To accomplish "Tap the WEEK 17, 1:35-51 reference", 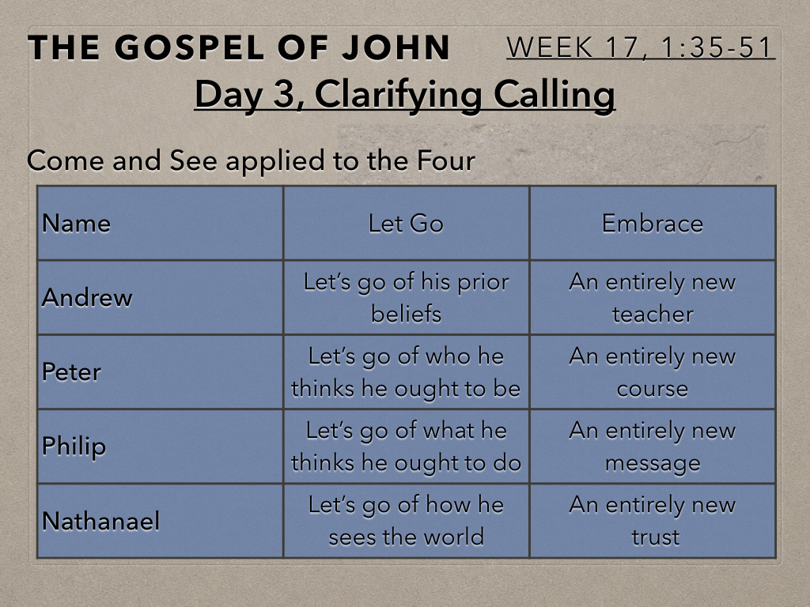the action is coord(640,47).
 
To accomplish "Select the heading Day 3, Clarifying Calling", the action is coord(405,95).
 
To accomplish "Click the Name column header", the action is coord(76,224).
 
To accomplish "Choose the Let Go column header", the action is coord(406,224).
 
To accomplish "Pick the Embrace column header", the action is coord(653,224).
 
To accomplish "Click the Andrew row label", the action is coord(87,297).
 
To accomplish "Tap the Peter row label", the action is coord(71,371).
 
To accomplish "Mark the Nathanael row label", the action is coord(100,520).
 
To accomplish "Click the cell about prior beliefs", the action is coord(406,298).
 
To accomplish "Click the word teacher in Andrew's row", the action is coord(653,315).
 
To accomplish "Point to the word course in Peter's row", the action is coord(653,389).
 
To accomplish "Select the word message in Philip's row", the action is coord(653,463).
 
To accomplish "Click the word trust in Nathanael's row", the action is coord(655,537).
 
